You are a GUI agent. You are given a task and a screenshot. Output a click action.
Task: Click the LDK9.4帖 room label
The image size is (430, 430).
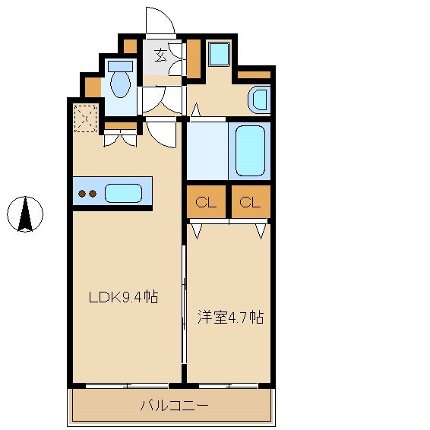tap(123, 298)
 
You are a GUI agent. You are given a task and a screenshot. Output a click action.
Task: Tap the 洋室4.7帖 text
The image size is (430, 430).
tap(230, 318)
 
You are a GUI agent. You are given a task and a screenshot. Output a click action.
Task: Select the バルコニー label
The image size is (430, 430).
tap(173, 405)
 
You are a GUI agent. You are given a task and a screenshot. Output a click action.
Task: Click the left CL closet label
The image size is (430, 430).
tap(207, 202)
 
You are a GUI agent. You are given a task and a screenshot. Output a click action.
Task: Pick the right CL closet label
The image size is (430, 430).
tap(250, 202)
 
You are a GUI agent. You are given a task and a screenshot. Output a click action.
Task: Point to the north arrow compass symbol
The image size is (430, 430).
tap(25, 213)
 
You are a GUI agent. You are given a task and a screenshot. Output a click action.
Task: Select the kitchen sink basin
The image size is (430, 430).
tap(123, 193)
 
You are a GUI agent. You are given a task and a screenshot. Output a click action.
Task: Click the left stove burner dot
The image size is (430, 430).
tap(82, 194)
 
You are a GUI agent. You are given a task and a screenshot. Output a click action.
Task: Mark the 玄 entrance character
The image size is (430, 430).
tap(161, 55)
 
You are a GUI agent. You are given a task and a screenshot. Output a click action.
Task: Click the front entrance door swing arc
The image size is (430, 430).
tap(162, 20)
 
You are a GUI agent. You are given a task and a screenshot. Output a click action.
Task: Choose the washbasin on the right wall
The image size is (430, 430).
tap(258, 100)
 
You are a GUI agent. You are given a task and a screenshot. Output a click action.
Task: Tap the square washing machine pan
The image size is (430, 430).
tap(219, 53)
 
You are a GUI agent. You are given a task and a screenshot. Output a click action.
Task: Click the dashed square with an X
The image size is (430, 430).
tap(84, 119)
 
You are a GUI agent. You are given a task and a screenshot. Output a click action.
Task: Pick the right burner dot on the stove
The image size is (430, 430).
tap(93, 194)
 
